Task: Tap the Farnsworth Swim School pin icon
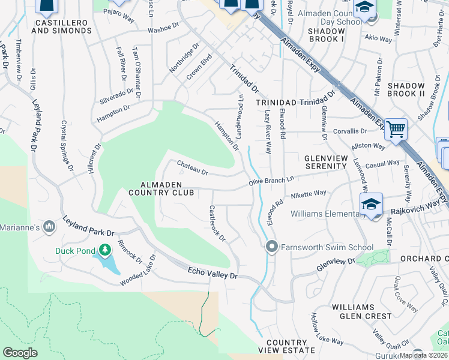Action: click(271, 247)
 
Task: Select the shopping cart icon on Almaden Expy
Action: click(396, 129)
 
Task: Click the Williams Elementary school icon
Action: click(371, 205)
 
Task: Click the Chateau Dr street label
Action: click(192, 168)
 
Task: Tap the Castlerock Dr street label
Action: click(216, 224)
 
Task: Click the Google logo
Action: click(20, 353)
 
